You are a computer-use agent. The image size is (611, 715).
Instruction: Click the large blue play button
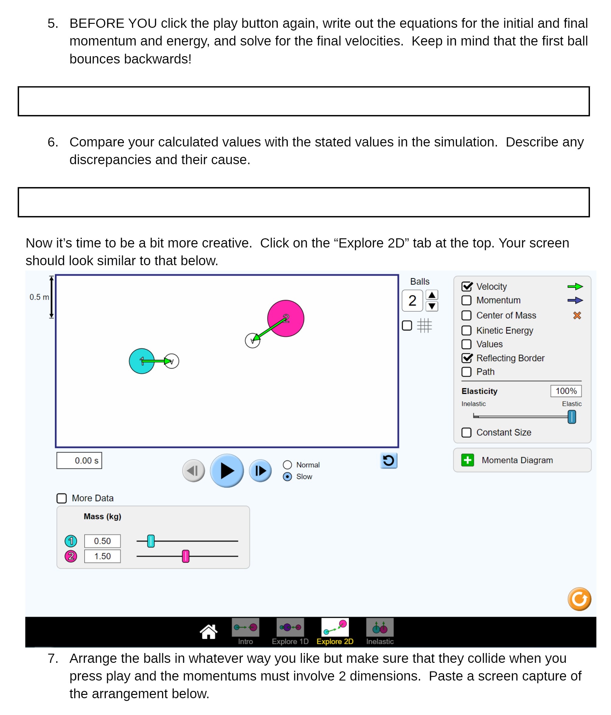(x=227, y=471)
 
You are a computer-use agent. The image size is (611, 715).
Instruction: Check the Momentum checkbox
(x=466, y=300)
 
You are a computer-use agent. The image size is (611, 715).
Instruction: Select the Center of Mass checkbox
(x=466, y=316)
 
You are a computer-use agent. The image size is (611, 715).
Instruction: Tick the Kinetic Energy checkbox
(x=466, y=330)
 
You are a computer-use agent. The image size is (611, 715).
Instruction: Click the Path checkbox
(x=466, y=372)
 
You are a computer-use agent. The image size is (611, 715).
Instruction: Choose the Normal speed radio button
(x=287, y=465)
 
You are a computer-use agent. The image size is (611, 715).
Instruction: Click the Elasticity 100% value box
(x=566, y=391)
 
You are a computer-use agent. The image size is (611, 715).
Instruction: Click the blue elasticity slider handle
(x=572, y=417)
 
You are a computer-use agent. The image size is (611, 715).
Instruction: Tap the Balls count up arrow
(x=432, y=295)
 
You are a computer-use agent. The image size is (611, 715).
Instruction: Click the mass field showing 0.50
(x=102, y=541)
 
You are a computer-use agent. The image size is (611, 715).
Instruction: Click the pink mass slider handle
(x=185, y=556)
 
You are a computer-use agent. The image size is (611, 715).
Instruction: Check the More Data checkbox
(x=62, y=498)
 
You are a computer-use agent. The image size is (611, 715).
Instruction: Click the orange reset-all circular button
(x=579, y=599)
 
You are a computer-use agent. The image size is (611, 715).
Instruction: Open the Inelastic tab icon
(x=380, y=628)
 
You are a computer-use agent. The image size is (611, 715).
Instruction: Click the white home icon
(x=208, y=632)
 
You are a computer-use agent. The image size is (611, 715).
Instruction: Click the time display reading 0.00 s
(x=79, y=461)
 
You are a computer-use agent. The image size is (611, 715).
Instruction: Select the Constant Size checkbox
(x=466, y=433)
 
